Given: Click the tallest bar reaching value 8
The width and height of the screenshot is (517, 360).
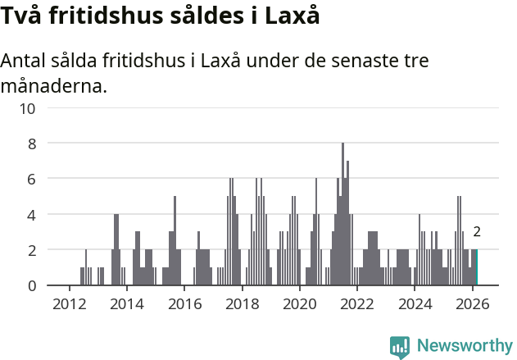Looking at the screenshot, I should click(342, 215).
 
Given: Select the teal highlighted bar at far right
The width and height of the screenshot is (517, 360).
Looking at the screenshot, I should click(476, 267).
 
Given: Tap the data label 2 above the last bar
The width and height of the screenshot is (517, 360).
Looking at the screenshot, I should click(476, 232).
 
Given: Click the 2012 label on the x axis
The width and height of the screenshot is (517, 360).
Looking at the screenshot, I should click(69, 304).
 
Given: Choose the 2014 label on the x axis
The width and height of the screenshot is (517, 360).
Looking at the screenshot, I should click(126, 304).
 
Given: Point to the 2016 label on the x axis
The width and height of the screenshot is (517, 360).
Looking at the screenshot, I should click(184, 304).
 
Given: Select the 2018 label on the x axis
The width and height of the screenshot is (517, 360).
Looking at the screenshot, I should click(242, 304).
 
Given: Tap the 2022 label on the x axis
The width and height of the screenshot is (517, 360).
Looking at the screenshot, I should click(357, 304).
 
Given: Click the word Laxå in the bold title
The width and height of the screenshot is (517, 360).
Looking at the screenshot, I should click(292, 16).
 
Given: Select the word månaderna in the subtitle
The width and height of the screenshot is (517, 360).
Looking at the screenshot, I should click(54, 85).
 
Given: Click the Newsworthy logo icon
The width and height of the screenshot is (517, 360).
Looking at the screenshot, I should click(400, 346).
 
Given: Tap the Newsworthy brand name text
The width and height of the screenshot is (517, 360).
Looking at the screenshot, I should click(465, 346).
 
